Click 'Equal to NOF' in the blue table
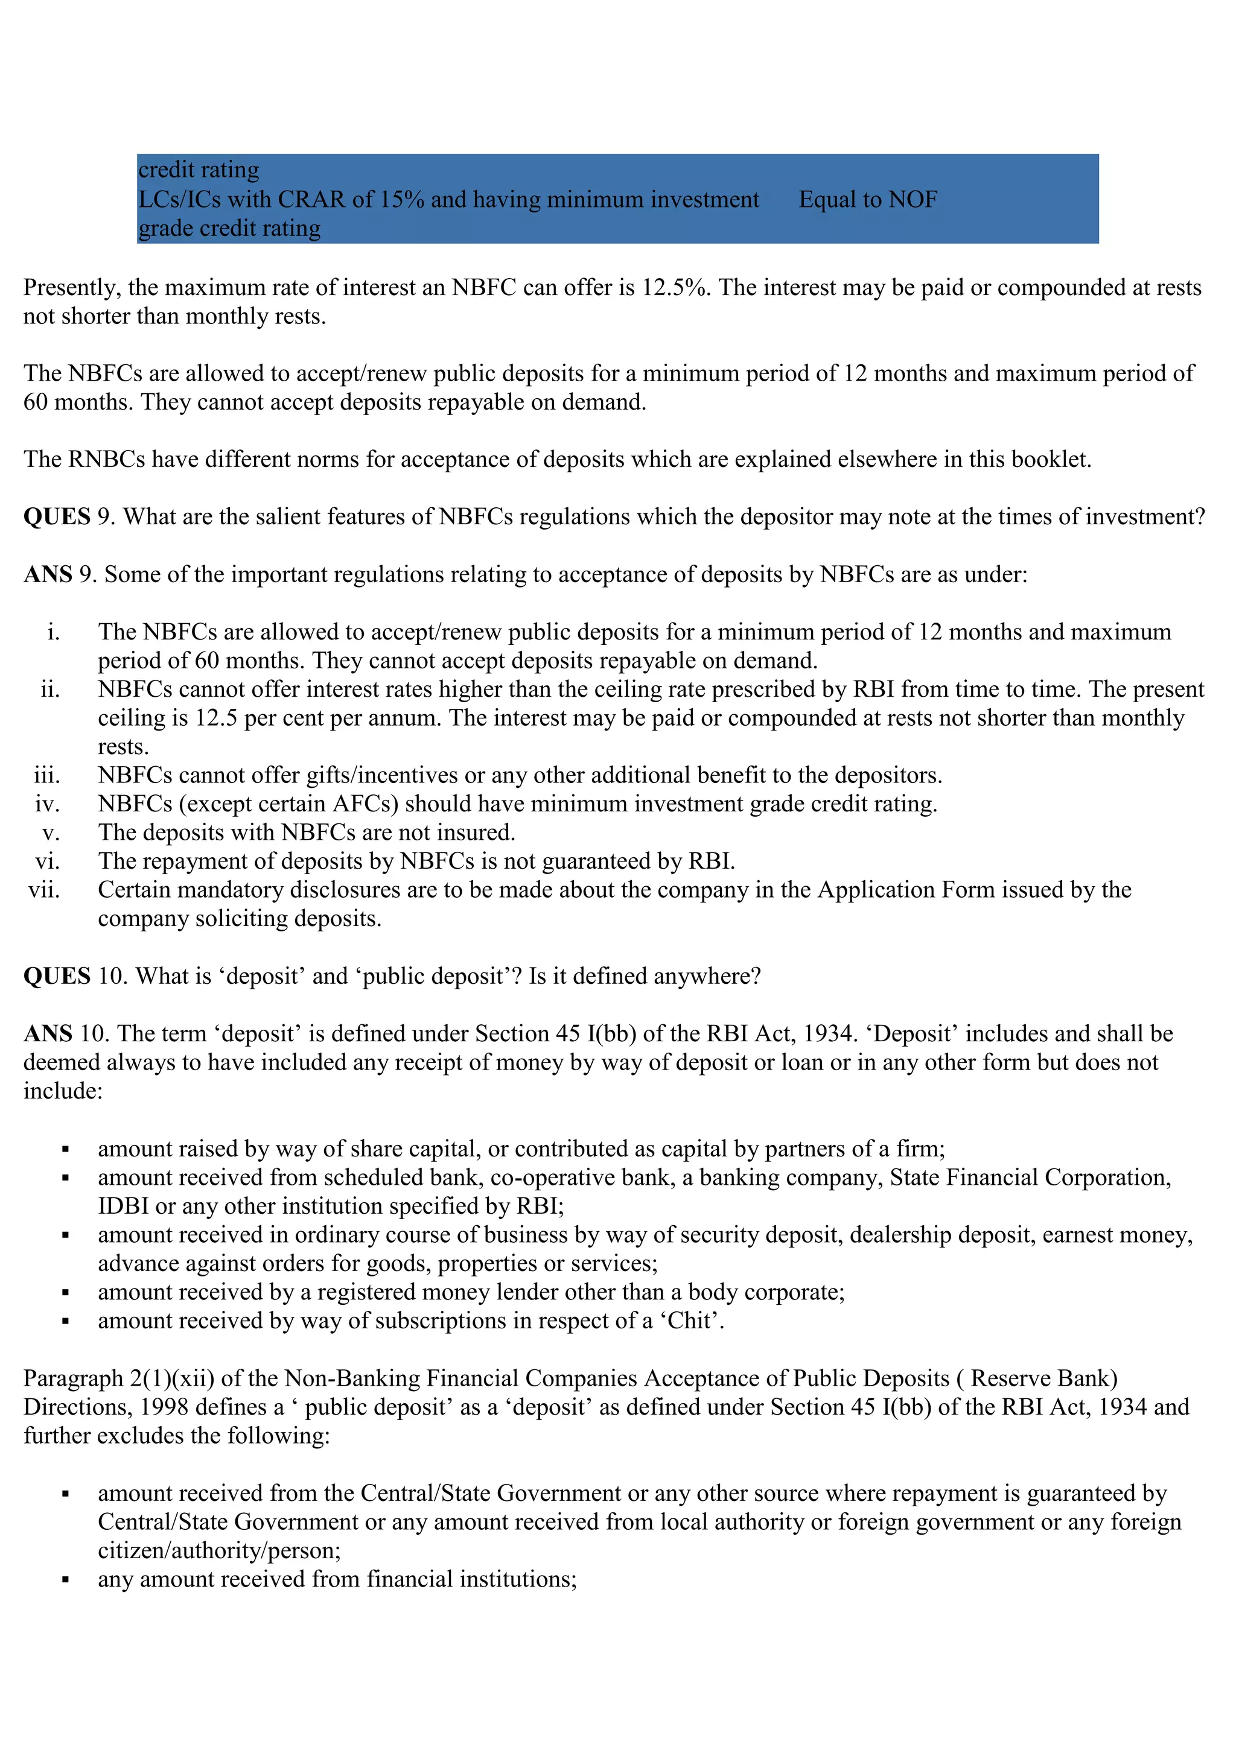click(x=868, y=199)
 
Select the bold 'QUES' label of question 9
click(x=57, y=516)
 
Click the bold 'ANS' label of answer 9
click(x=48, y=574)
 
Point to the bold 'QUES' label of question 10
click(x=57, y=976)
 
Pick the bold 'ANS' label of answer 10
click(x=48, y=1034)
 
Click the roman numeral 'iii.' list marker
click(x=47, y=775)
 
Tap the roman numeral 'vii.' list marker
click(x=44, y=890)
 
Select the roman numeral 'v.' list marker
click(x=51, y=833)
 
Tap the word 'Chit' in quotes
click(x=690, y=1321)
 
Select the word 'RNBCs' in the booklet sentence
click(x=107, y=460)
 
